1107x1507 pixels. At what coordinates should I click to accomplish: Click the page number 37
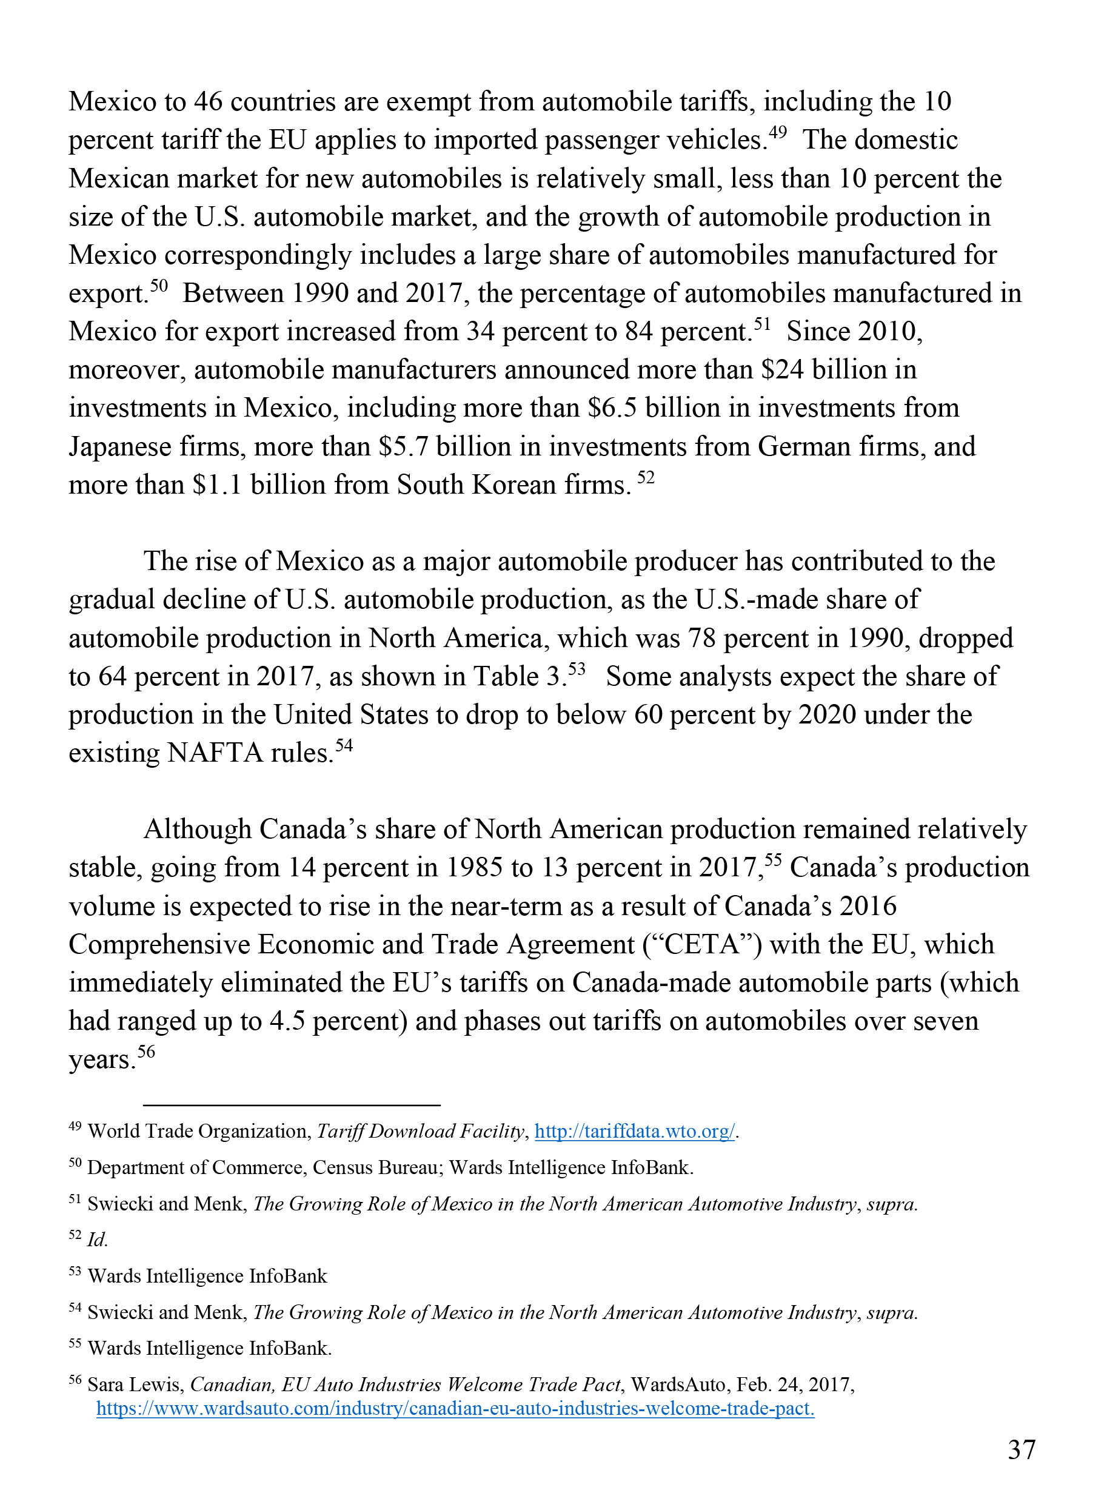tap(1022, 1449)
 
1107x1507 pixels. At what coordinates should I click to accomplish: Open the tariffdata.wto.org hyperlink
tap(635, 1132)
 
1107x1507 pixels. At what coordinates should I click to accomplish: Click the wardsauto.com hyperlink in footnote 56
tap(455, 1409)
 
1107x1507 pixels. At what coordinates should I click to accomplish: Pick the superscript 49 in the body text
tap(777, 132)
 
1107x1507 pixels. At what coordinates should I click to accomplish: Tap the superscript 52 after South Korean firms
tap(645, 477)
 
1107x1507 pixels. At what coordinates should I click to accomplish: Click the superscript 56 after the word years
tap(146, 1051)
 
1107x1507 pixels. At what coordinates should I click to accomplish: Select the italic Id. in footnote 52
tap(97, 1240)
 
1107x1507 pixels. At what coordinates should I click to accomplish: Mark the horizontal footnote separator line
tap(292, 1104)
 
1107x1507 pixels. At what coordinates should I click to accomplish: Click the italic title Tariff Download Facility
tap(420, 1132)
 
